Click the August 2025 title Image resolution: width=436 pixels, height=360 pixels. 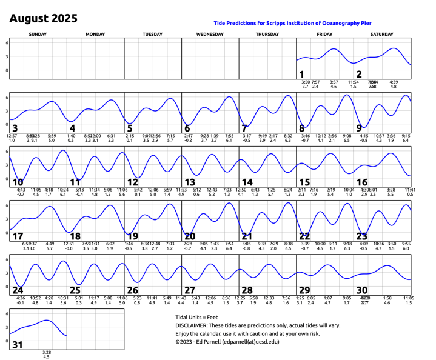(x=43, y=19)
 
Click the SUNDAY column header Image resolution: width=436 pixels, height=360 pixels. (x=38, y=35)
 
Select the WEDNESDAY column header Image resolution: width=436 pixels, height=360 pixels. (x=210, y=35)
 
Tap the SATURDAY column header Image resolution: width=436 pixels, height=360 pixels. (x=382, y=35)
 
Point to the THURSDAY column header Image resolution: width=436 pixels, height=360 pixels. (x=267, y=35)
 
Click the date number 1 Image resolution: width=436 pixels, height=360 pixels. (x=301, y=75)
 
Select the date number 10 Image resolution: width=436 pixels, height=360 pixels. (x=18, y=182)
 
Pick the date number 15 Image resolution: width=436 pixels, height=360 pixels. (x=304, y=182)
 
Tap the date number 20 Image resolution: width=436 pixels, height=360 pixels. (x=190, y=236)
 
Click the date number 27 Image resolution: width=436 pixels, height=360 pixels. (x=190, y=290)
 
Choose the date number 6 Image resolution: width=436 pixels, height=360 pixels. (x=187, y=128)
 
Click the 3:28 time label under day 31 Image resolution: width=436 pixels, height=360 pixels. (x=46, y=352)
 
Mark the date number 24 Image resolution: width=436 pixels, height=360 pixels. (x=18, y=290)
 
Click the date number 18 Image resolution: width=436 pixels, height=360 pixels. (x=75, y=236)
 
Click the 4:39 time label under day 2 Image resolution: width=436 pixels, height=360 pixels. (x=394, y=82)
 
